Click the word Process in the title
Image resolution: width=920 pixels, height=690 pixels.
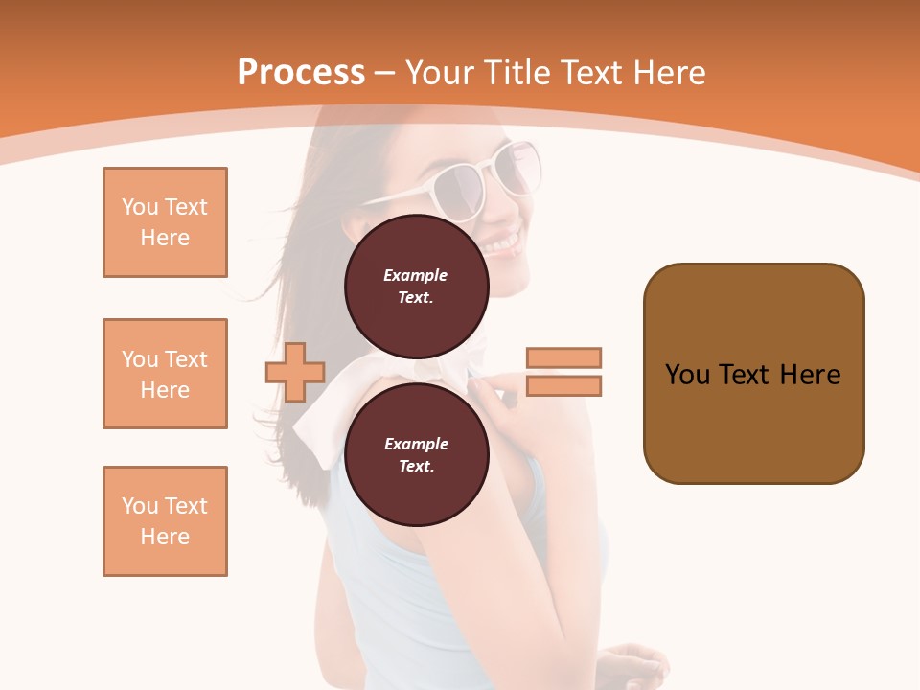(301, 73)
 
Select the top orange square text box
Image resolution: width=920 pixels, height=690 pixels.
(165, 222)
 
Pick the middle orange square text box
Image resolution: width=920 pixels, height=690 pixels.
(165, 374)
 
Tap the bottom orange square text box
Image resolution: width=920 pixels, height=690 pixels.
(165, 521)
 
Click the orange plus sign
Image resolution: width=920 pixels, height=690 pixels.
(295, 372)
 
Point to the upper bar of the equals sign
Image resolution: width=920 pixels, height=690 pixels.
(563, 357)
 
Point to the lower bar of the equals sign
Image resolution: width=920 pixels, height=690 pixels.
(563, 385)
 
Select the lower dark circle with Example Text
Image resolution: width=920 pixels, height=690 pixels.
(416, 454)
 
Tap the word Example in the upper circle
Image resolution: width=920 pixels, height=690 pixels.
(416, 275)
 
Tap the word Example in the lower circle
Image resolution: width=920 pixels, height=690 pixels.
(416, 444)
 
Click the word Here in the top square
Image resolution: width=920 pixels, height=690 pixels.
(165, 238)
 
